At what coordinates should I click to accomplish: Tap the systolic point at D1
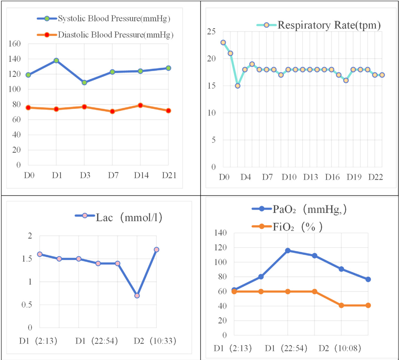click(56, 61)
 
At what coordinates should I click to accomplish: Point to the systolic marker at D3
click(84, 82)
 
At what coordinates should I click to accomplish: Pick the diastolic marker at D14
click(140, 105)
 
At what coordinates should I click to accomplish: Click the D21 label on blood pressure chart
click(169, 175)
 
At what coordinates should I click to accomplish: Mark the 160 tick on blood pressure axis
click(16, 44)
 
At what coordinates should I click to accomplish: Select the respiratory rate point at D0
click(223, 43)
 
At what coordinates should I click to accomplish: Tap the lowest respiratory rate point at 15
click(238, 86)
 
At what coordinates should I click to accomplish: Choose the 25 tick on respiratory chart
click(211, 32)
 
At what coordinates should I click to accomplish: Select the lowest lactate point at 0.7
click(137, 296)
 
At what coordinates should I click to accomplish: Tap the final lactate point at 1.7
click(156, 249)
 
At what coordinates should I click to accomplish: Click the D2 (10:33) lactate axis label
click(155, 341)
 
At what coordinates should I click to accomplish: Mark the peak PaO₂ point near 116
click(288, 250)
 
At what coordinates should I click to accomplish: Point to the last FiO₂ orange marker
click(368, 305)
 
